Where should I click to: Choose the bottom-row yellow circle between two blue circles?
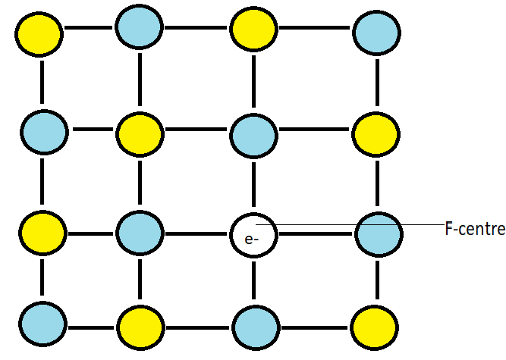pyautogui.click(x=140, y=327)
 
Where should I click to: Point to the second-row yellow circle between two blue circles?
pyautogui.click(x=140, y=135)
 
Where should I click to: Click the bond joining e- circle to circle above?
pyautogui.click(x=254, y=185)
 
